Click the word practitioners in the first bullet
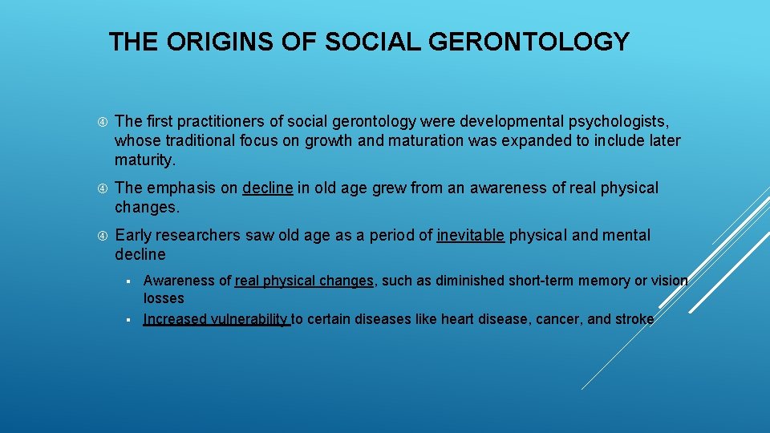(x=217, y=121)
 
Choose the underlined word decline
(x=268, y=188)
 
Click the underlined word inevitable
(x=471, y=235)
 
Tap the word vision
(x=668, y=281)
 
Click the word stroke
(x=634, y=319)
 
